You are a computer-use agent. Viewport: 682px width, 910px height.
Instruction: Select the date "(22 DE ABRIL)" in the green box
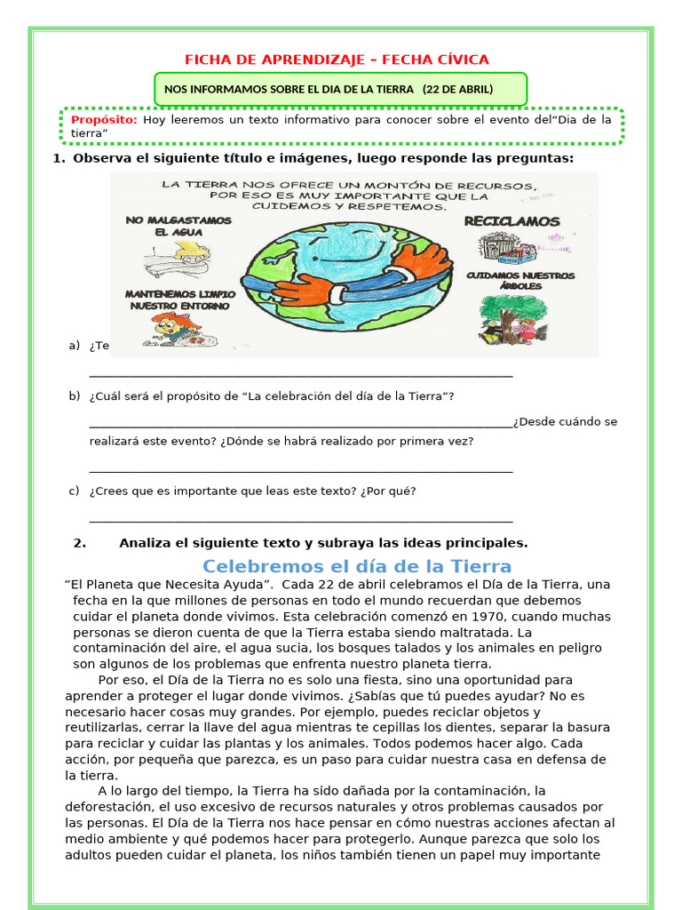point(457,89)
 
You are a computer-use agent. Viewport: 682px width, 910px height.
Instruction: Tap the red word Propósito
point(104,120)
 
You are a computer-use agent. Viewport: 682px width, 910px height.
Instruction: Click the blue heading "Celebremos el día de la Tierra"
point(357,566)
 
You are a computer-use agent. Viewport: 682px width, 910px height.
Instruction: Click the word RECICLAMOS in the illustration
point(512,221)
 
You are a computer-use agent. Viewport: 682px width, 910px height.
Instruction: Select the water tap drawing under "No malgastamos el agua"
point(178,259)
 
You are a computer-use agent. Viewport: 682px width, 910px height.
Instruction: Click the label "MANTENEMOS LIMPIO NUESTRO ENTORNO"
point(180,299)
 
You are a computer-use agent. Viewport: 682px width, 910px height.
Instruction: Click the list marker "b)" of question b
point(75,395)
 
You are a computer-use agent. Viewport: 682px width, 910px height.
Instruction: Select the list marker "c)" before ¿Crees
point(75,491)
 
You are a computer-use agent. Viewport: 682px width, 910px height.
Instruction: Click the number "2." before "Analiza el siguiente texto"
point(80,543)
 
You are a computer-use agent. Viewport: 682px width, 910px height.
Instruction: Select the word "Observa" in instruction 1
point(100,158)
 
